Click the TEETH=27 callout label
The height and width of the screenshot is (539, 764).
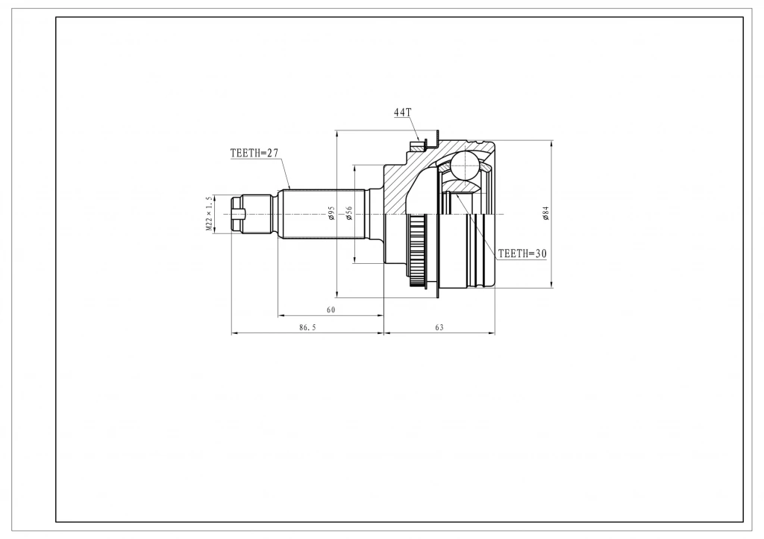254,153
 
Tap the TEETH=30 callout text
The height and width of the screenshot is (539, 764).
522,253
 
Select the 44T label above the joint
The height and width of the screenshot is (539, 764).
402,113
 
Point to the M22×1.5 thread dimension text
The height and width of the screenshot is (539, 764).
209,214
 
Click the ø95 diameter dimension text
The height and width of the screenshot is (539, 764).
331,212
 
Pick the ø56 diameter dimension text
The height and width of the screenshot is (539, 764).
349,212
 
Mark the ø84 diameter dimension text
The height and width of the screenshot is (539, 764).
545,213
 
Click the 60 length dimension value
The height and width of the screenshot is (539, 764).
331,309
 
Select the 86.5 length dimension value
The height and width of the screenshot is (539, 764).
307,328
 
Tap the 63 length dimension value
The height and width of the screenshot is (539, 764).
439,328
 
